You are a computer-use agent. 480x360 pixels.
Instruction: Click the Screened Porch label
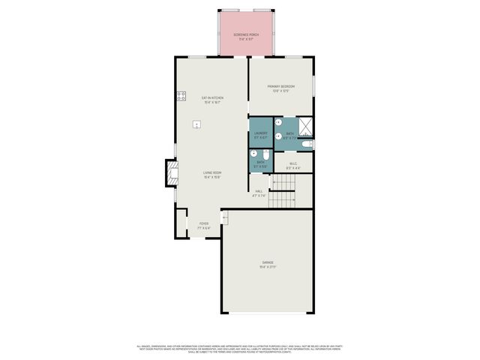click(x=242, y=36)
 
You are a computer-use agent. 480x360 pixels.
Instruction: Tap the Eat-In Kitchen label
click(x=212, y=99)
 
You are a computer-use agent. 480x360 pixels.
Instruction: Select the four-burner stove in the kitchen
click(x=181, y=96)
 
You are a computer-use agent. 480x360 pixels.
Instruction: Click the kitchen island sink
click(x=197, y=124)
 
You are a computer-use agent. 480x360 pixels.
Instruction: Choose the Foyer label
click(x=204, y=226)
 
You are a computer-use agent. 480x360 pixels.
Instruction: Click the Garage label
click(x=268, y=264)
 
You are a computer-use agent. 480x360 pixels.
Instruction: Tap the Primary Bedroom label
click(x=281, y=88)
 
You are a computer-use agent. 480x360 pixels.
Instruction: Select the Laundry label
click(x=260, y=135)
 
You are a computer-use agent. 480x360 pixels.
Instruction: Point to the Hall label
click(x=259, y=193)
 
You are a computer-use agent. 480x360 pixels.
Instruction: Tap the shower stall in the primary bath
click(x=306, y=127)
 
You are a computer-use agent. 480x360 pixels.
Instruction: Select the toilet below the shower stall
click(x=308, y=143)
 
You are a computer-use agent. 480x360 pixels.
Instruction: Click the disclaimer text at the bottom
click(x=240, y=348)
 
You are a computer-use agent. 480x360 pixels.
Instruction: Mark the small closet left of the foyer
click(x=181, y=223)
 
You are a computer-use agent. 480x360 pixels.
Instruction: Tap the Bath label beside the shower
click(x=289, y=135)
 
